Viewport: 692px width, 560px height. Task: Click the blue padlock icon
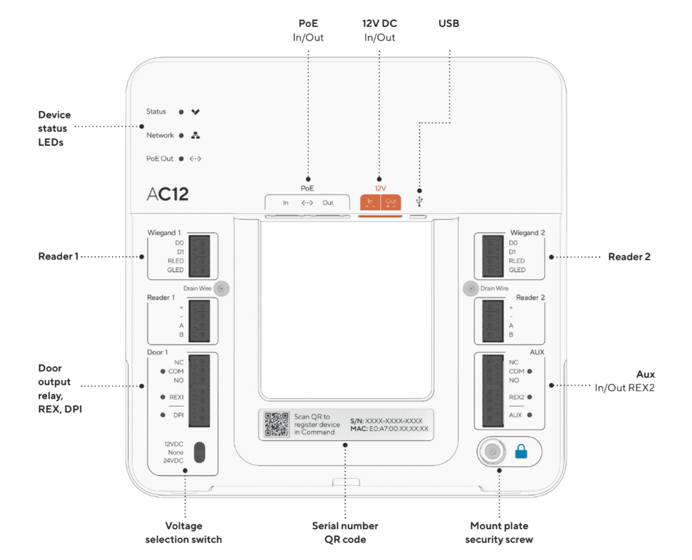pos(521,452)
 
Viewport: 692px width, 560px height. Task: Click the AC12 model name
pos(168,195)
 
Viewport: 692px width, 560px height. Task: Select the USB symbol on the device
pos(419,202)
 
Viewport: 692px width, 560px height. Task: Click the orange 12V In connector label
pos(370,203)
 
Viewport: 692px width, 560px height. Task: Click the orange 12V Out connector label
pos(391,203)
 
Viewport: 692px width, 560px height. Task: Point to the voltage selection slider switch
pos(200,452)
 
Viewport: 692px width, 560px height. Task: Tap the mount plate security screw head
pos(493,452)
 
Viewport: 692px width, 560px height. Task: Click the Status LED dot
pos(181,111)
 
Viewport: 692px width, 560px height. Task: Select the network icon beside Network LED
pos(195,135)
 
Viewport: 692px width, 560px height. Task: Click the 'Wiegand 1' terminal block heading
pos(164,233)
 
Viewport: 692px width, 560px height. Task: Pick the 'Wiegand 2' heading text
pos(527,233)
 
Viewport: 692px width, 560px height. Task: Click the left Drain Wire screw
pos(221,288)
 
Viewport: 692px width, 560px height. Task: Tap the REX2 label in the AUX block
pos(516,396)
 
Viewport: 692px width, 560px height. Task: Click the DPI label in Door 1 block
pos(177,415)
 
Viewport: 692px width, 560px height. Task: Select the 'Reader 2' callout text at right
pos(629,257)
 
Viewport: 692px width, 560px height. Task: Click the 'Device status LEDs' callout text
pos(54,129)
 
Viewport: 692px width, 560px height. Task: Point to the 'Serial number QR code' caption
pos(345,533)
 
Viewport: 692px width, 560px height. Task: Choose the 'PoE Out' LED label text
pos(160,159)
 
